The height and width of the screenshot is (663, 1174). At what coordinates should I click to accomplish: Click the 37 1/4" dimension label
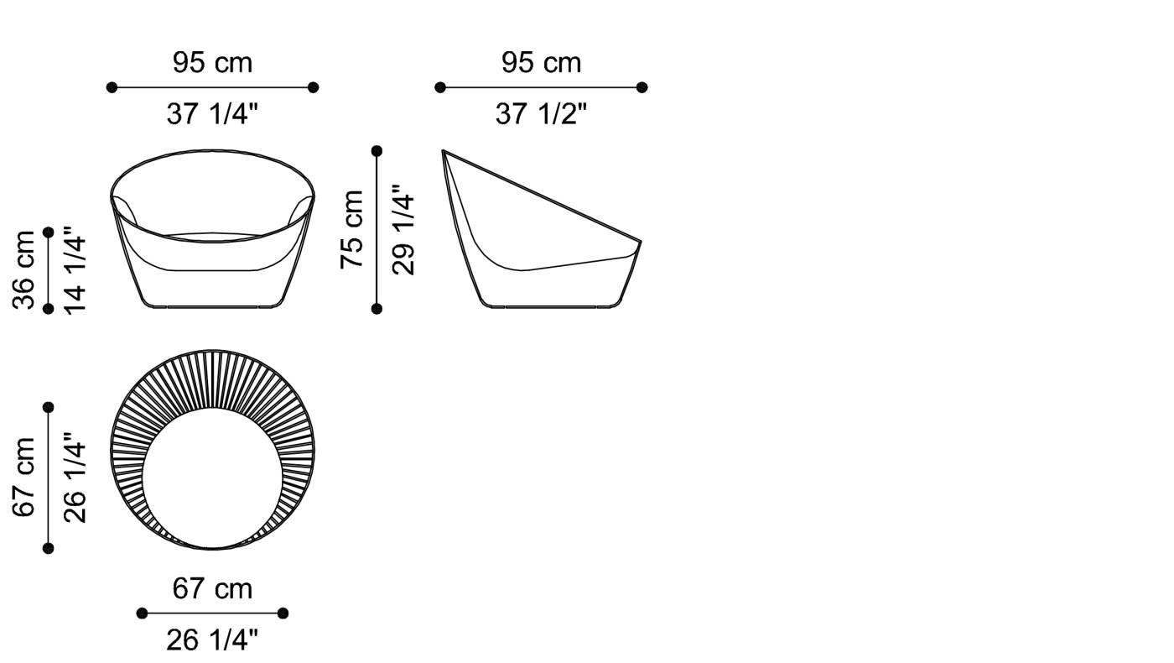pos(212,113)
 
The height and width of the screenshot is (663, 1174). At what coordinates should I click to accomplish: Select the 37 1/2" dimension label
pos(541,113)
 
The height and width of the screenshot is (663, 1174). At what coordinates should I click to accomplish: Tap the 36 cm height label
pos(24,269)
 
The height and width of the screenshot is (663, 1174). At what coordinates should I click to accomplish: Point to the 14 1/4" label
pos(75,270)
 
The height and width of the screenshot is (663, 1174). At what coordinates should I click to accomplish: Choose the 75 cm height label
pos(351,230)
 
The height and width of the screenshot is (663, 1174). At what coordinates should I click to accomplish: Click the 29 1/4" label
pos(403,230)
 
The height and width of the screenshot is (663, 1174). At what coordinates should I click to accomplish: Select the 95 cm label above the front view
pos(212,62)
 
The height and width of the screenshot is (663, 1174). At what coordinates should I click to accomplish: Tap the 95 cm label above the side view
pos(541,62)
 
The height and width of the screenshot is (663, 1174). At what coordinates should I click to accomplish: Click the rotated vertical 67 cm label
pos(24,478)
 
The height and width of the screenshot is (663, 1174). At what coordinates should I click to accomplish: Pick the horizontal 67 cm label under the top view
pos(212,588)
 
